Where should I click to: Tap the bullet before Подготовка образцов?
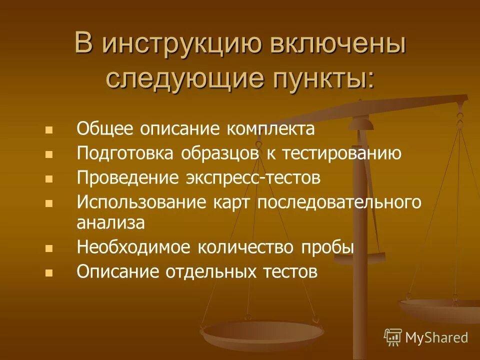coord(48,154)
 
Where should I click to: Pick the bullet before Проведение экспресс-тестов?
coord(48,178)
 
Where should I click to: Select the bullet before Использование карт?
coord(48,203)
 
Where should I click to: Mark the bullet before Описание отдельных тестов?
coord(48,273)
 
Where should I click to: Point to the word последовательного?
coord(339,202)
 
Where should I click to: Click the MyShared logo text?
coord(436,337)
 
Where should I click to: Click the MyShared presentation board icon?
coord(393,337)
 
